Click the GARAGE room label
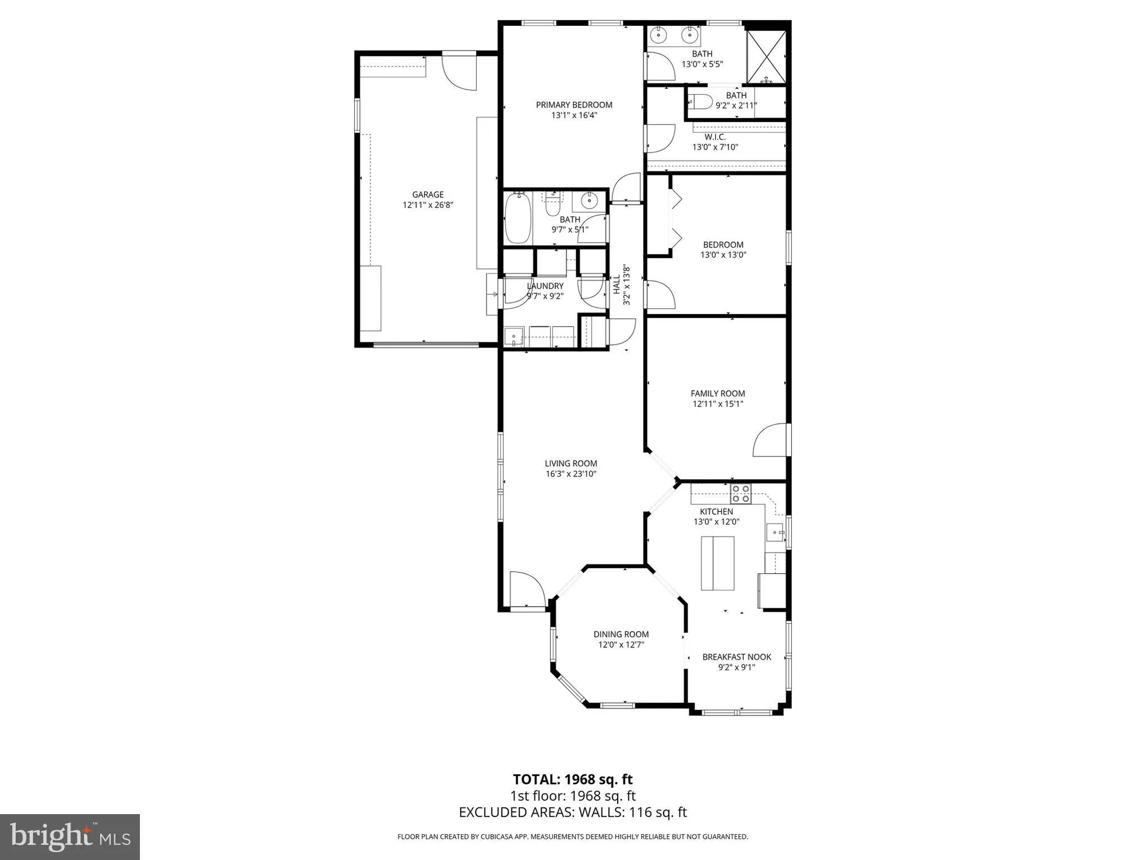click(x=428, y=195)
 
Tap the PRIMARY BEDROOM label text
click(x=574, y=105)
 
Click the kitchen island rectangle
click(x=717, y=563)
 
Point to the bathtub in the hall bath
click(x=518, y=218)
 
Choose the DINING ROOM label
click(x=621, y=634)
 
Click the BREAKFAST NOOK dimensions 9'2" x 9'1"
click(x=737, y=667)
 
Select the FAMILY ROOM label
click(x=718, y=393)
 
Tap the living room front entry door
click(x=526, y=589)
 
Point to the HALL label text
click(x=617, y=284)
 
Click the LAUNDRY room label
click(x=545, y=286)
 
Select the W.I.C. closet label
click(x=715, y=137)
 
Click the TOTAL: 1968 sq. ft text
click(x=572, y=779)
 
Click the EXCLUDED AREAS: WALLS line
click(x=572, y=812)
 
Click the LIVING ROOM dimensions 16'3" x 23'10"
click(x=571, y=474)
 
